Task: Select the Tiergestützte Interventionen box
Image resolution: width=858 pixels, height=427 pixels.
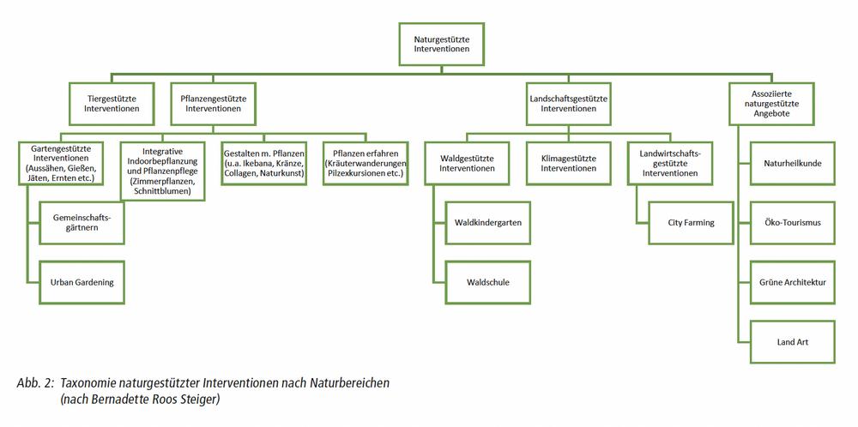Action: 112,104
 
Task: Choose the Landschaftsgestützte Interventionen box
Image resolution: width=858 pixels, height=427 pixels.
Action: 568,104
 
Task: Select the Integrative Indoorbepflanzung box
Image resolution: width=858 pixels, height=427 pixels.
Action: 161,170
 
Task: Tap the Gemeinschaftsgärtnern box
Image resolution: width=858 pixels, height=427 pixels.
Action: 76,223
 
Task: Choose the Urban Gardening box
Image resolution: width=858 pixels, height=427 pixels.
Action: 76,282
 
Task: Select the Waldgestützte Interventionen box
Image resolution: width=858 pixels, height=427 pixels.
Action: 467,163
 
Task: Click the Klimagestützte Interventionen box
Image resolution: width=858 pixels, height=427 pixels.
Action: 568,163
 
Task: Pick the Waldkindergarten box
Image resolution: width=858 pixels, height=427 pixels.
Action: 488,223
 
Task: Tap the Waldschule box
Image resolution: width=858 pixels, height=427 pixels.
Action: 488,282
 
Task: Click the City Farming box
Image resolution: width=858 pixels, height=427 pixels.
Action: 691,223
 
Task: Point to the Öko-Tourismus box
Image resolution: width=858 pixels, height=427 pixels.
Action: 792,223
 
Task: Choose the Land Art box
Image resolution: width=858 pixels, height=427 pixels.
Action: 792,342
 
